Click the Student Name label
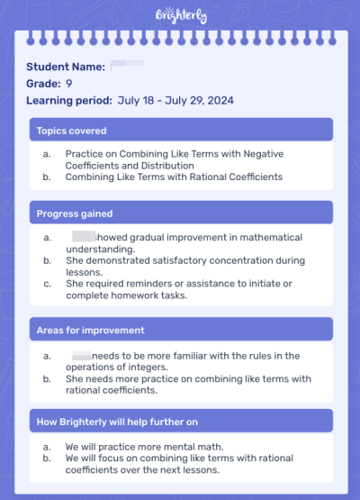tap(66, 67)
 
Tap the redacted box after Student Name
tap(127, 66)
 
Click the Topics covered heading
tap(71, 131)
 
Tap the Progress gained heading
tap(75, 214)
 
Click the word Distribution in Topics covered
tap(166, 166)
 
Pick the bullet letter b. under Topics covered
tap(47, 177)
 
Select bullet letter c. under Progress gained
tap(47, 284)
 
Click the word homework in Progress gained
tap(129, 295)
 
